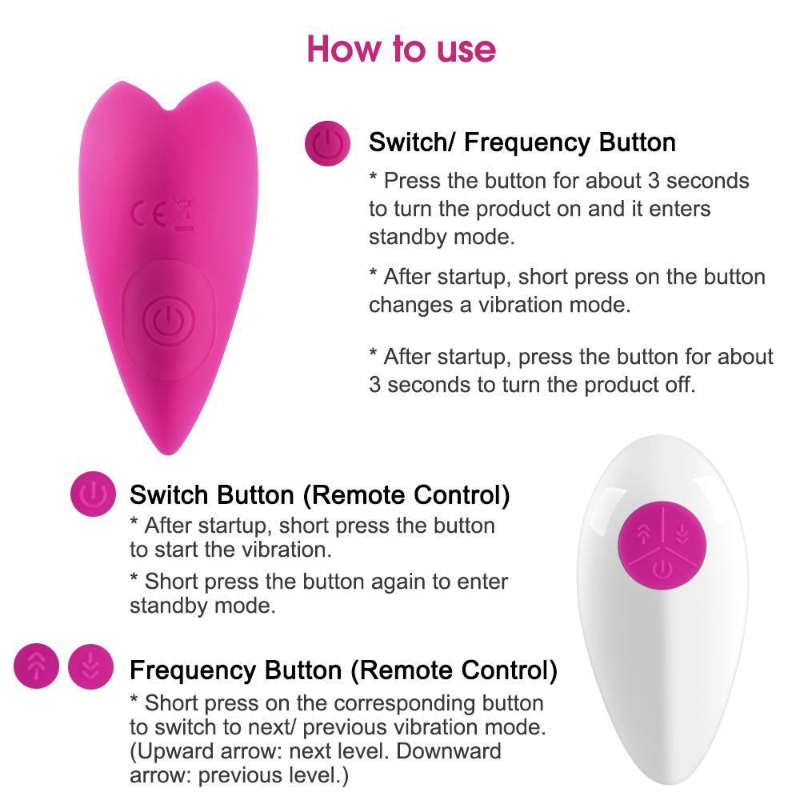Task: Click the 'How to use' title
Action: [401, 50]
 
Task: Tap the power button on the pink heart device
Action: [168, 321]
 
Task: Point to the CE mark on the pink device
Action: [149, 214]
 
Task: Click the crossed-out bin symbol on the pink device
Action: [183, 214]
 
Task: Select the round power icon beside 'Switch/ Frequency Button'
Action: [327, 143]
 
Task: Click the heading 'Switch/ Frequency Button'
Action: [522, 142]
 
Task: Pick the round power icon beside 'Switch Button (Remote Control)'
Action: [93, 494]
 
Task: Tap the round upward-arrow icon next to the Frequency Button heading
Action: [37, 666]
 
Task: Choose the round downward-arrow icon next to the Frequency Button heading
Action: [90, 666]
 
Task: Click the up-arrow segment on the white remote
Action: [642, 534]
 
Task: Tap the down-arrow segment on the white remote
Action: [683, 534]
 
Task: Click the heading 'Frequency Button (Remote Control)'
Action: [343, 670]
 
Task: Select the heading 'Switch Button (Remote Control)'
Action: [320, 495]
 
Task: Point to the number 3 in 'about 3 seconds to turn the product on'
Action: [654, 181]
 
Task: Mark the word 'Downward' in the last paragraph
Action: [449, 751]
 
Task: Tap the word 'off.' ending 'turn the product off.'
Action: [680, 385]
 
